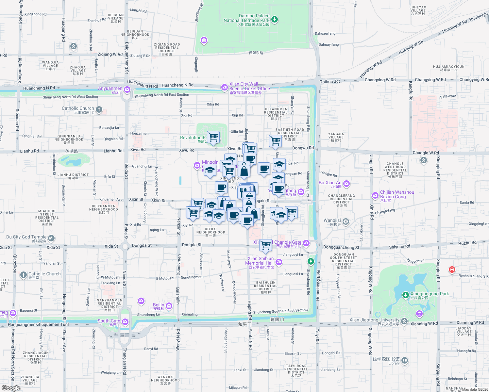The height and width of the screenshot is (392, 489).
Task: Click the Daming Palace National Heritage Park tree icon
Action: click(x=275, y=20)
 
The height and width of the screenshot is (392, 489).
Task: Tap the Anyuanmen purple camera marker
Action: click(x=127, y=90)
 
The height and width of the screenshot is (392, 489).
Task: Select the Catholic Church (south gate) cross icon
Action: click(x=99, y=110)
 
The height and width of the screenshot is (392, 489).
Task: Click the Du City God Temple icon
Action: click(x=51, y=238)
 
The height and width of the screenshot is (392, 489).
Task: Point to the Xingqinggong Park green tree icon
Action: click(x=405, y=295)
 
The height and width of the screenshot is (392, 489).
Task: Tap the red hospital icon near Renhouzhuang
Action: click(x=452, y=269)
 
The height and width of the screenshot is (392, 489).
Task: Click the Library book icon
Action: click(x=405, y=361)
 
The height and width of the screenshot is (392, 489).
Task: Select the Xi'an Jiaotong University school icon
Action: click(x=404, y=321)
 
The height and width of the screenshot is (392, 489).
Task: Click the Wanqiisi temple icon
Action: click(x=346, y=222)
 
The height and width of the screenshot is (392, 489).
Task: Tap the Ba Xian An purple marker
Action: click(x=346, y=184)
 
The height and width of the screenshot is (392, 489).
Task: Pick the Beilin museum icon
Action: click(x=169, y=306)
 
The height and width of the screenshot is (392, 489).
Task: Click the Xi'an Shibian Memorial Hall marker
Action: click(x=278, y=262)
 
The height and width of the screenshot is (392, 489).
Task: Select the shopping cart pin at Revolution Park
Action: click(x=213, y=136)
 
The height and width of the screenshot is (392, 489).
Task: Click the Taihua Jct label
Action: click(x=330, y=82)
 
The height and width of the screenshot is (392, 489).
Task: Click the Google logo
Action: click(x=11, y=388)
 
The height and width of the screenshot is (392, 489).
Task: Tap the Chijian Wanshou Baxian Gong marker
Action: click(x=375, y=195)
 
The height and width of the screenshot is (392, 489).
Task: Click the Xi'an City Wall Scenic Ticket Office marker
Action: click(x=224, y=87)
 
